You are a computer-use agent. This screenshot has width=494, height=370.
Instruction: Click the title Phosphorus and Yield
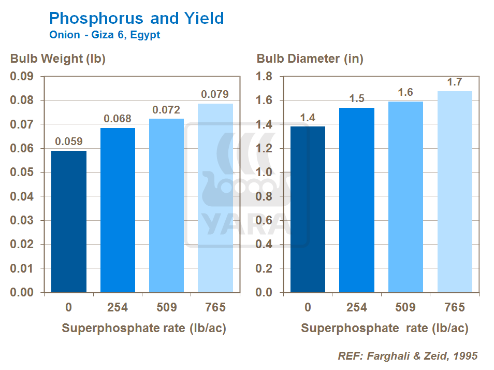(x=136, y=19)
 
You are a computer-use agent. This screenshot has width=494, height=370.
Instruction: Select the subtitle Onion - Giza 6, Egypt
(x=105, y=35)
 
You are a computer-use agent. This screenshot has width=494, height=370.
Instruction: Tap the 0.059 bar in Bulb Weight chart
(x=69, y=221)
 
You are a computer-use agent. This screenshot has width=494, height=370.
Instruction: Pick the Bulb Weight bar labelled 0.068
(x=118, y=210)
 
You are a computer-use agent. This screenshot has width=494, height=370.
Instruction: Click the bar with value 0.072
(x=166, y=205)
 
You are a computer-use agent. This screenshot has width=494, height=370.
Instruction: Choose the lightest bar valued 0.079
(x=215, y=197)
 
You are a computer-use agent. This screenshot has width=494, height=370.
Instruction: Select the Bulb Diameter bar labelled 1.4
(x=308, y=209)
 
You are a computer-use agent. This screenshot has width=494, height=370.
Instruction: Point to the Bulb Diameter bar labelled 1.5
(x=356, y=200)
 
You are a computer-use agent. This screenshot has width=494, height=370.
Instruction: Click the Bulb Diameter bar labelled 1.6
(x=405, y=197)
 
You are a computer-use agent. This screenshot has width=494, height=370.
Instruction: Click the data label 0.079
(x=215, y=95)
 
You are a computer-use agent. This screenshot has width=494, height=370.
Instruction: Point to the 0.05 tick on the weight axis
(x=23, y=173)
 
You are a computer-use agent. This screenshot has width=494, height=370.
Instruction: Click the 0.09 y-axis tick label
(x=23, y=77)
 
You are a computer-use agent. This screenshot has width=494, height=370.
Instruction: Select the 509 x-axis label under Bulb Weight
(x=166, y=307)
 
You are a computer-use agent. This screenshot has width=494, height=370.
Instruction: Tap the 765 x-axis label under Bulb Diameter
(x=454, y=307)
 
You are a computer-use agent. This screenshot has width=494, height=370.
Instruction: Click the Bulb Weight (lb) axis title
(x=58, y=59)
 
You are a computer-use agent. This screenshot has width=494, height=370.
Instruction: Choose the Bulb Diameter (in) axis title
(x=310, y=59)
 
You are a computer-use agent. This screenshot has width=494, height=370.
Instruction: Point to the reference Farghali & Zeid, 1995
(x=408, y=356)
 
